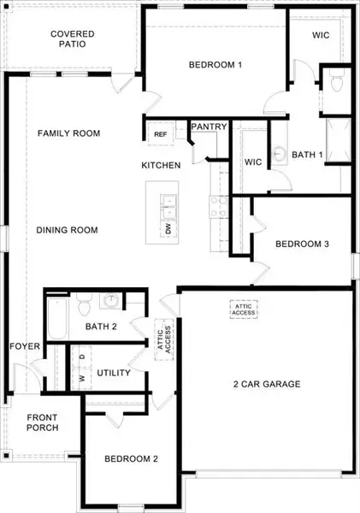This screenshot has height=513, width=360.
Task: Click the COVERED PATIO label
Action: click(72, 40)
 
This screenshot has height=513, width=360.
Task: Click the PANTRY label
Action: click(209, 127)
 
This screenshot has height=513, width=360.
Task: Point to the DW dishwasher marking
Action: click(168, 229)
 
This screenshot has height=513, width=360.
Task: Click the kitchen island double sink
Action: click(168, 204)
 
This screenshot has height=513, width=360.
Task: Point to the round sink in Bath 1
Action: click(280, 156)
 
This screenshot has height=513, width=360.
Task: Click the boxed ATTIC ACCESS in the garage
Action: click(243, 309)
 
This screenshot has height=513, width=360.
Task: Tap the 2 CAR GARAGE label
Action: click(268, 384)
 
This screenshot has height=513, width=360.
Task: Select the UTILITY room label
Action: click(113, 373)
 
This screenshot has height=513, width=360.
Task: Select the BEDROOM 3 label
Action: click(302, 245)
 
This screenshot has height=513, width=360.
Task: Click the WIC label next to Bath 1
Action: click(252, 162)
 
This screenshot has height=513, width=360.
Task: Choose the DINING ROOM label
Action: click(67, 230)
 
